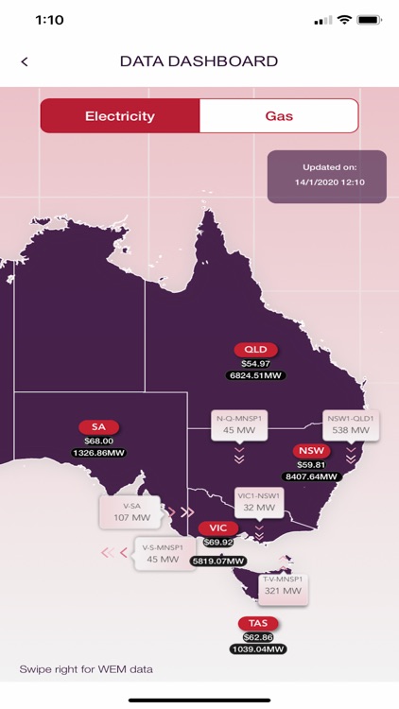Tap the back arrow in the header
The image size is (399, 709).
pos(25,61)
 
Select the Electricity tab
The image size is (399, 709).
pos(120,116)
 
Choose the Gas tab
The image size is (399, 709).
pos(279,116)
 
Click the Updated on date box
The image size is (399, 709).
pos(326,176)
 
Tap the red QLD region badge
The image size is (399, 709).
pos(255,350)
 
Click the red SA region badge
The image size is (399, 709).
pos(98,427)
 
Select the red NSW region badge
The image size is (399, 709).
pos(311,451)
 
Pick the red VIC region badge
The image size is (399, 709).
pos(218,527)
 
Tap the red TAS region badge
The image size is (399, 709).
pos(258,624)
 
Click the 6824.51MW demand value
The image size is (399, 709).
pos(255,375)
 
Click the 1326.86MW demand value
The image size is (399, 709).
pos(98,453)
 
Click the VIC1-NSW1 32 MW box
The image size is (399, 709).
pos(259,502)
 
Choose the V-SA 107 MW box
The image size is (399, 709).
pos(130,512)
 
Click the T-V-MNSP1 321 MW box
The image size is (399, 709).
pos(283,586)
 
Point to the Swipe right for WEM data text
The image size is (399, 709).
pos(86,669)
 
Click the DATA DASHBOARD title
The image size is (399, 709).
pos(199,61)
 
